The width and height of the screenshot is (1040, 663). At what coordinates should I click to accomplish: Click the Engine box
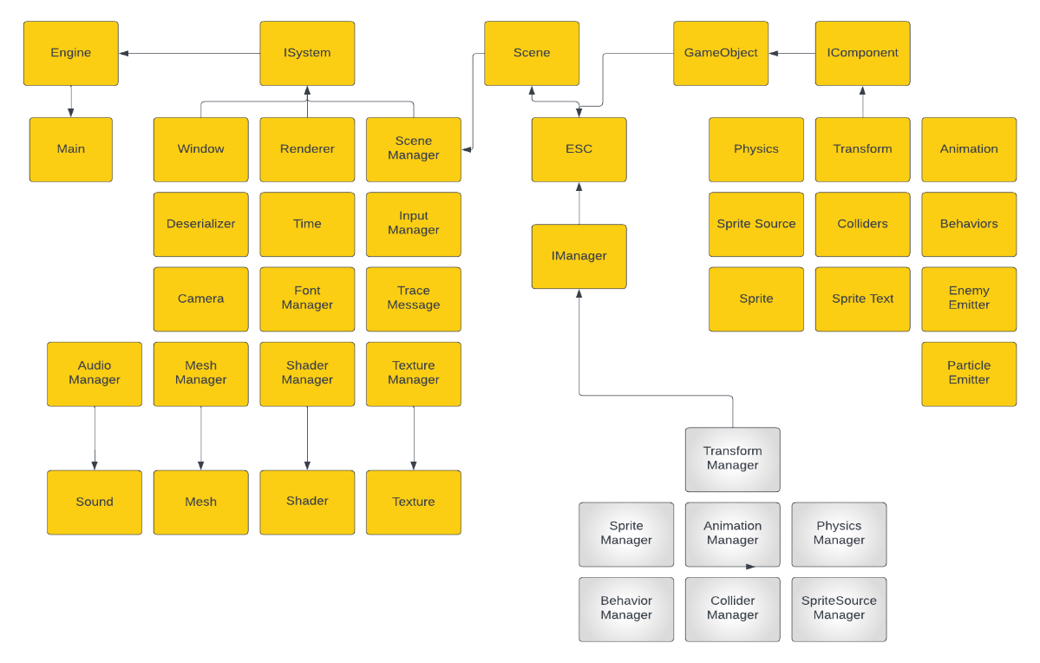pos(70,53)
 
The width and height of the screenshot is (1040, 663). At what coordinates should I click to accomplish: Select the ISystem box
pos(307,53)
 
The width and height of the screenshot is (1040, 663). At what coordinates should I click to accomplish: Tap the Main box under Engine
pos(70,149)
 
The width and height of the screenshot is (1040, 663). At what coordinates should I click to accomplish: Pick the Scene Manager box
pos(413,148)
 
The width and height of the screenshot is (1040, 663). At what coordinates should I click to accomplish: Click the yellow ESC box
pos(579,149)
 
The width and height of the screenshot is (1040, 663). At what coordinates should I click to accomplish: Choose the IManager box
pos(579,256)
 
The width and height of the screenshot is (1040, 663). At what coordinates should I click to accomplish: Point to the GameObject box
pos(720,53)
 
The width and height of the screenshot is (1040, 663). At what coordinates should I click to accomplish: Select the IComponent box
pos(862,53)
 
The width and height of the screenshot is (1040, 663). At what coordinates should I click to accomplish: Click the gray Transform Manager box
pos(732,458)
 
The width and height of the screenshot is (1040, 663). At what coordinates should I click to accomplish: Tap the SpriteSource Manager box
pos(839,608)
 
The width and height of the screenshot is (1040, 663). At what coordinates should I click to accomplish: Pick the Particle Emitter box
pos(968,373)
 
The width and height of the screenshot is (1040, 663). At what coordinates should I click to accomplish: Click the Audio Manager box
pos(94,373)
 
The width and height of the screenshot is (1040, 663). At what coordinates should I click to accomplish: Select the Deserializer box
pos(200,224)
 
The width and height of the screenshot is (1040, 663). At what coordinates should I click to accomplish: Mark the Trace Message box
pos(413,299)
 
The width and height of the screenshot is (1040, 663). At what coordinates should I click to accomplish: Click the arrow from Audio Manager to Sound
pos(95,438)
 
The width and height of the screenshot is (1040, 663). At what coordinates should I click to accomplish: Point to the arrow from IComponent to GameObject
pos(792,54)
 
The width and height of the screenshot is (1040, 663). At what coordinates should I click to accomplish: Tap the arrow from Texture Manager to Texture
pos(414,438)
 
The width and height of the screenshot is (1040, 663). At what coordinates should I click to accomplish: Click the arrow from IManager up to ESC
pos(579,203)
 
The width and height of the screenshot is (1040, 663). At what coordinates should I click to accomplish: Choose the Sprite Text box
pos(862,299)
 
